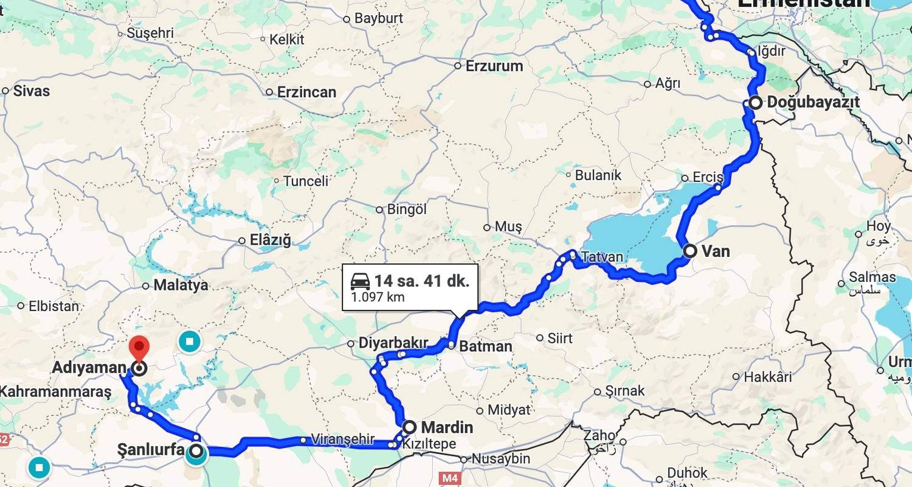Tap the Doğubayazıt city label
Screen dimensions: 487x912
pos(813,102)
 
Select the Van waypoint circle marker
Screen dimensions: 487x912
pos(690,251)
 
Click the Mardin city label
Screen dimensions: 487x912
pos(447,427)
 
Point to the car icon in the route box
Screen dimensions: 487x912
pos(361,281)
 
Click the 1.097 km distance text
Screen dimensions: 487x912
pos(378,298)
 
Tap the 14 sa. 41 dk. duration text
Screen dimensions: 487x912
pos(421,281)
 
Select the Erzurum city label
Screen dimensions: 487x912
pos(494,66)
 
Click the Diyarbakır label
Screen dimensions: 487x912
pos(393,343)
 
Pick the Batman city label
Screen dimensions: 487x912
pos(485,346)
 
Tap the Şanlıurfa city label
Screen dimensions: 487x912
pos(150,450)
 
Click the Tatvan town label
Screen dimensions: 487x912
pos(602,257)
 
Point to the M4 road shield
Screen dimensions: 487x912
pos(449,478)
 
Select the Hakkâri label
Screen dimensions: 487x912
pos(769,377)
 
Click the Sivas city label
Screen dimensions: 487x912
pos(31,91)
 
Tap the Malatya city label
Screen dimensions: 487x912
pos(181,285)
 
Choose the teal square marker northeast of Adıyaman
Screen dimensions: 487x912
pos(190,342)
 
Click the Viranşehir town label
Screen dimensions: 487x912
pos(342,440)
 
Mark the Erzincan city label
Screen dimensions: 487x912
pos(306,93)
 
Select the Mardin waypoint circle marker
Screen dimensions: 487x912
pos(410,427)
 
